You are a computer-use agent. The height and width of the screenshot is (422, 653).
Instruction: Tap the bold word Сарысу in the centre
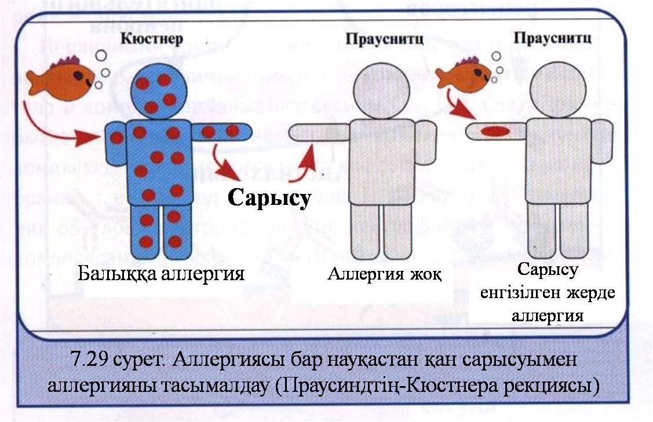pos(269,198)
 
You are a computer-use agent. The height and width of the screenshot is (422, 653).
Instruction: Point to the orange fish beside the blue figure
pos(61,78)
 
